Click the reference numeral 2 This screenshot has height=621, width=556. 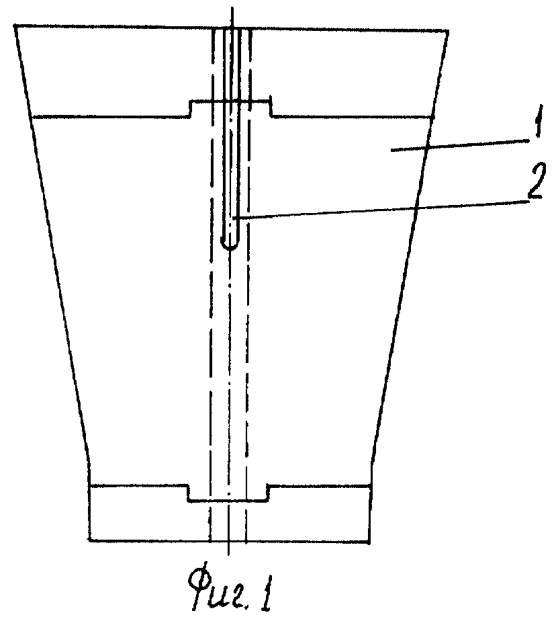pos(535,181)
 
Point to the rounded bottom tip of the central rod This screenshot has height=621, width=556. pos(230,249)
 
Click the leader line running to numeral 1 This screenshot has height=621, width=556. pos(460,144)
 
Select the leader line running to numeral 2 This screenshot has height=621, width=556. pos(381,209)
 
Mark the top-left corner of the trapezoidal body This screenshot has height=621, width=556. pos(15,26)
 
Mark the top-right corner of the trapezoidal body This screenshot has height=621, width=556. pos(448,31)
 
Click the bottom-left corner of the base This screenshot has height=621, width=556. pos(90,540)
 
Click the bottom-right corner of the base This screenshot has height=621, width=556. pos(370,542)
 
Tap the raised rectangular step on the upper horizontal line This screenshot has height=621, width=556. pos(230,101)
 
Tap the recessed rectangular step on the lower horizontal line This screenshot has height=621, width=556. pos(228,501)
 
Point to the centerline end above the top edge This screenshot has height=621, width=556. pos(232,7)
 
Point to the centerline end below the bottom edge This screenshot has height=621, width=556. pos(228,555)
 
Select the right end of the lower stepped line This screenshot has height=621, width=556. pos(371,485)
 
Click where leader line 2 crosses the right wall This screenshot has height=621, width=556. pos(416,207)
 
